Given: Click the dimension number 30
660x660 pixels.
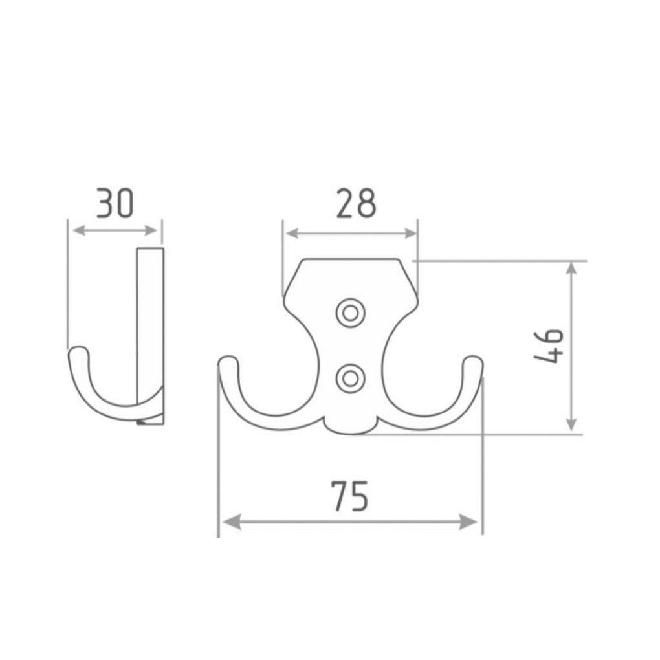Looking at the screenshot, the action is [115, 203].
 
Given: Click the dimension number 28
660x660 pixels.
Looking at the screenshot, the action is [356, 203].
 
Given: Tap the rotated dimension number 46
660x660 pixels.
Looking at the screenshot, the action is [549, 346].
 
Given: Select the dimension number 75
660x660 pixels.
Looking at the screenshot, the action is [350, 496].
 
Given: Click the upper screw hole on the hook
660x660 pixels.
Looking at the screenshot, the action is [350, 313].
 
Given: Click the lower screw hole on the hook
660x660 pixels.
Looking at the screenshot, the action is [350, 379].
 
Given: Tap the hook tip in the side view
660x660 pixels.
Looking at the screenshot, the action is [78, 352].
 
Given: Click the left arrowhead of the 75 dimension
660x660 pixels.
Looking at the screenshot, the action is [231, 522].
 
